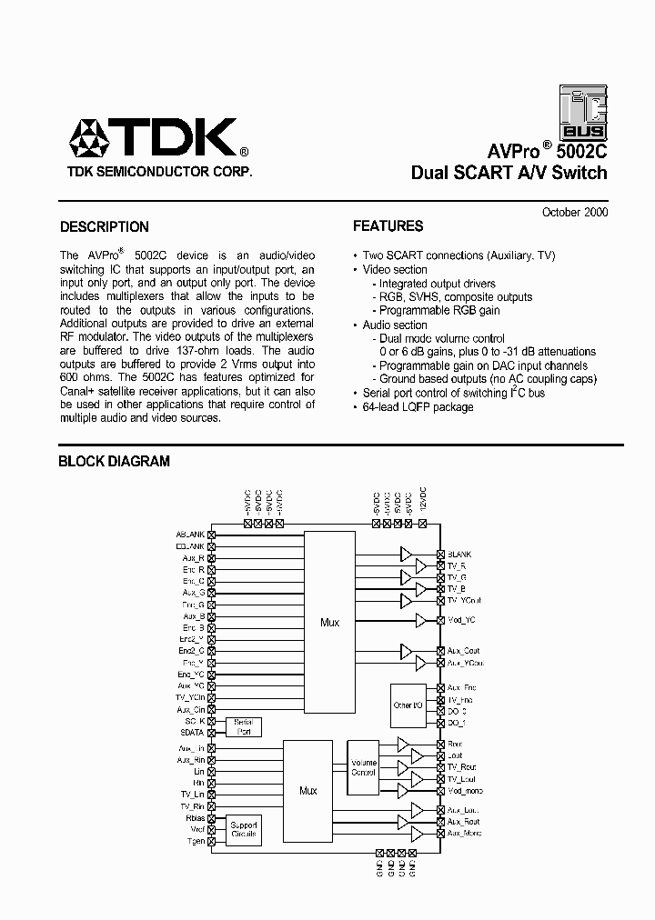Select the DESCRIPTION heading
(x=104, y=227)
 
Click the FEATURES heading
(x=388, y=226)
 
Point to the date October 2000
(x=574, y=212)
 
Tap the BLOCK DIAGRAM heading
(x=114, y=461)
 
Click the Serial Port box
(x=244, y=726)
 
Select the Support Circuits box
(x=244, y=828)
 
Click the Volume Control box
(x=363, y=766)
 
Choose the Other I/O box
(x=408, y=705)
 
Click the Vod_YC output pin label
(x=462, y=620)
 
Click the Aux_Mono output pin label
(x=464, y=833)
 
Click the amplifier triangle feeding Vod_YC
(x=421, y=620)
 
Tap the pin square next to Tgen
(x=212, y=842)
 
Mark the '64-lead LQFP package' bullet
(x=417, y=407)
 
